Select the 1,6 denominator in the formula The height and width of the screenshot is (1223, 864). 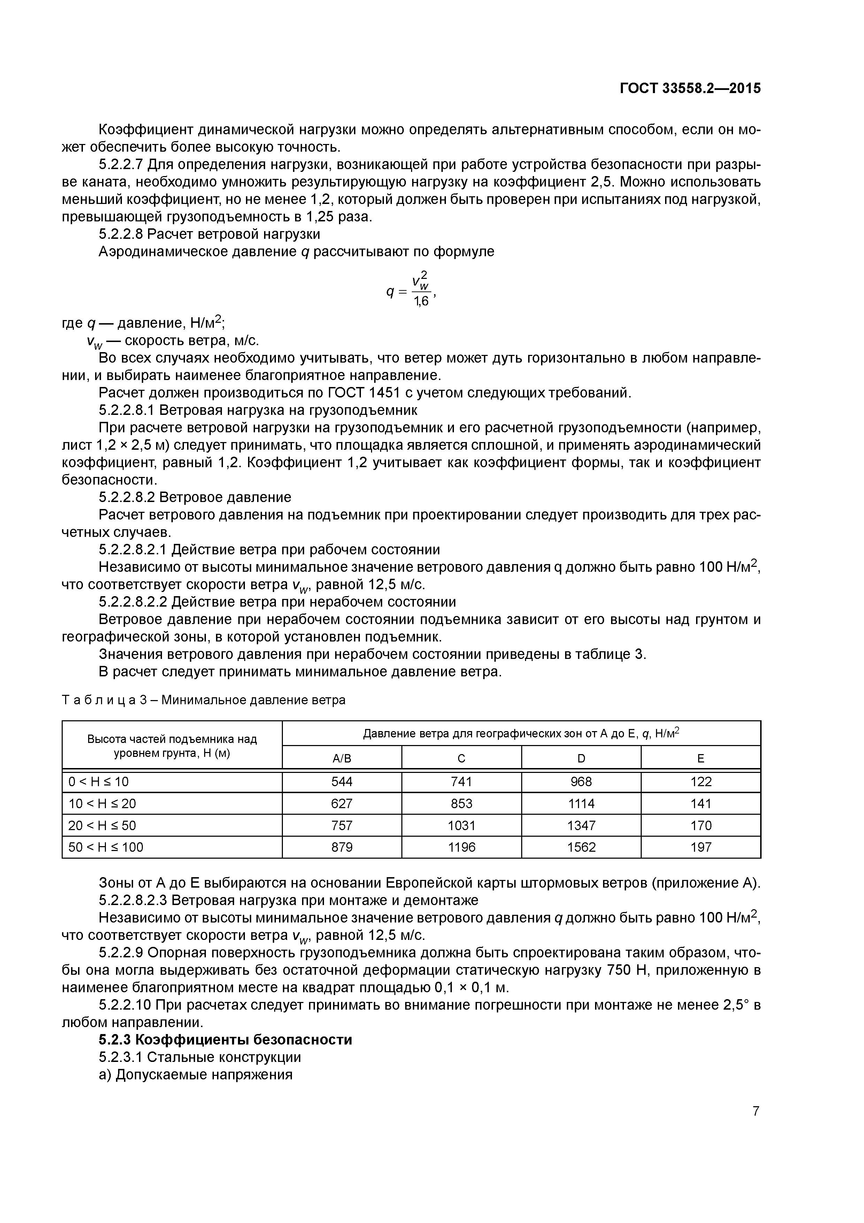point(421,302)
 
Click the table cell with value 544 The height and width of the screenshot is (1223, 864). point(342,781)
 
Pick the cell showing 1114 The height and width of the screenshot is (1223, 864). point(581,803)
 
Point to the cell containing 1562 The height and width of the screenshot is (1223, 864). point(581,847)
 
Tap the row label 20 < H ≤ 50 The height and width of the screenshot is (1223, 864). point(102,825)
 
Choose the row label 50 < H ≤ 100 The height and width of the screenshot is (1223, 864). point(106,847)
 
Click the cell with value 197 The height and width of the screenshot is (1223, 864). point(701,847)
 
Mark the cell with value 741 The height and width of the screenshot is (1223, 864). point(462,781)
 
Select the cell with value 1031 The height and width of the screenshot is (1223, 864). point(462,825)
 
